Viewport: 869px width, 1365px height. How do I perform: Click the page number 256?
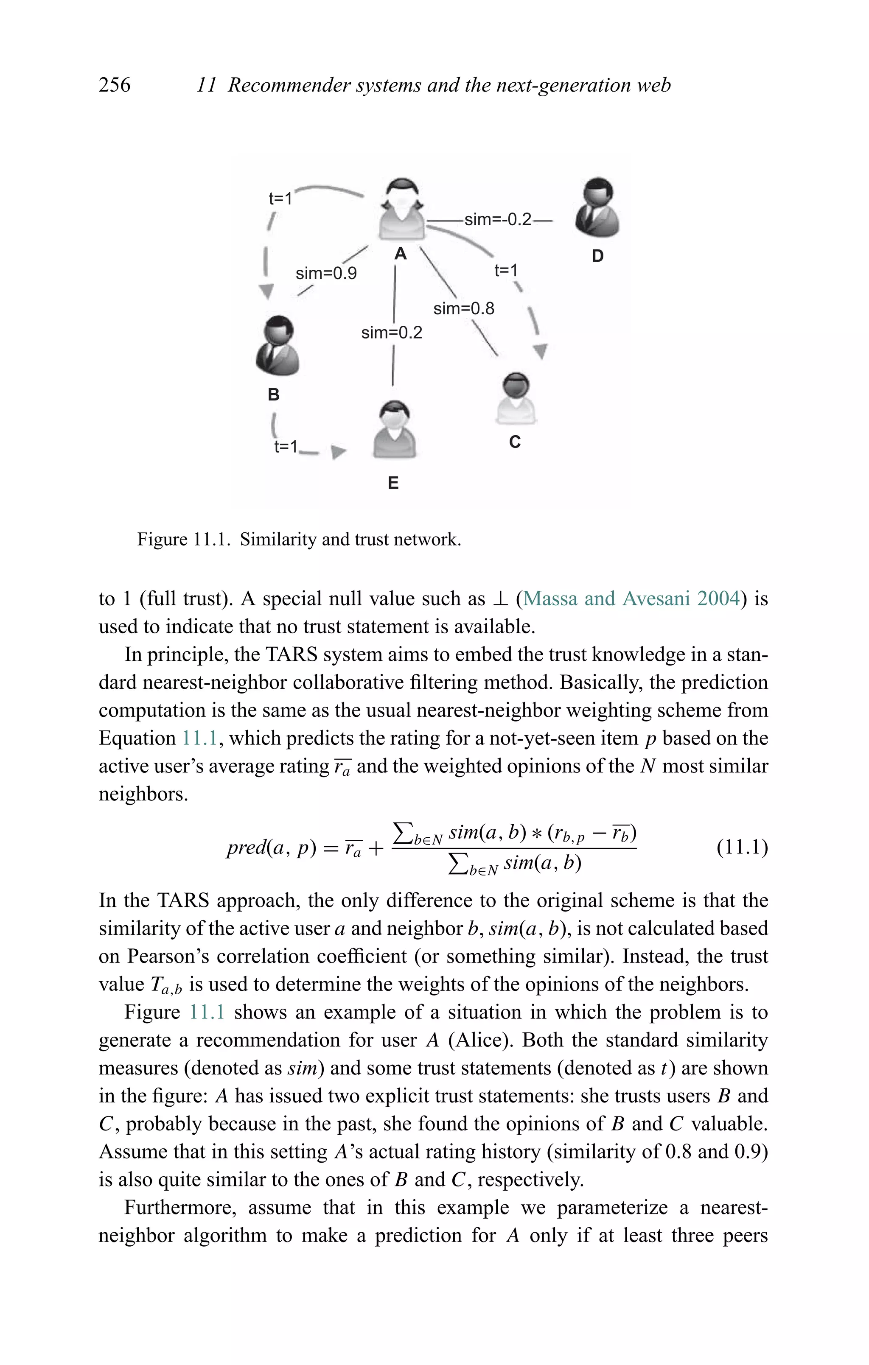click(115, 85)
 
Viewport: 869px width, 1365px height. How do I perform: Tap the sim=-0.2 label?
click(497, 219)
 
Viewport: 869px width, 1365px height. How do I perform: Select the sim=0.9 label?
click(326, 273)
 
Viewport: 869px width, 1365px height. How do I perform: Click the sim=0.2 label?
click(391, 332)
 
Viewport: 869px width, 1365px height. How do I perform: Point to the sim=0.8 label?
click(463, 308)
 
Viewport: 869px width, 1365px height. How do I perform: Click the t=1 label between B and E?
click(285, 447)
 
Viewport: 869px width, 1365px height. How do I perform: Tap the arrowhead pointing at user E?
click(338, 452)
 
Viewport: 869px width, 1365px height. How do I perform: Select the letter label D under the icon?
click(597, 256)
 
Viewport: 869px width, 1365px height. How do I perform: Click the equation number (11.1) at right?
click(742, 848)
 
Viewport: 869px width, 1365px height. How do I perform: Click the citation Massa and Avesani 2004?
click(631, 599)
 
